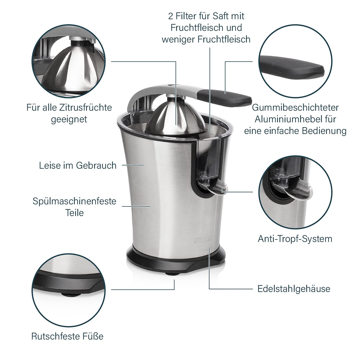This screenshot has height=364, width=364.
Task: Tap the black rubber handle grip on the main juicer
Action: click(225, 98)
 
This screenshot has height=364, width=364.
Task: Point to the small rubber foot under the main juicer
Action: click(172, 274)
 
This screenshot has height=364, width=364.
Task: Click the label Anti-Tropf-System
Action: click(295, 239)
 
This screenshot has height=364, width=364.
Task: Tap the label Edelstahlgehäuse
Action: click(294, 289)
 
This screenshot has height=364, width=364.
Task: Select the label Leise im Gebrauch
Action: click(78, 165)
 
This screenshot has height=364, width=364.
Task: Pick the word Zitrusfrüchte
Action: click(86, 107)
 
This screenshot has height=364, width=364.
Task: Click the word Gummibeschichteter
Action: click(295, 108)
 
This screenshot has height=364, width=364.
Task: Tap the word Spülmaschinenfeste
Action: click(74, 201)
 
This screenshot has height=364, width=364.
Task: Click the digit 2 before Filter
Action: click(171, 16)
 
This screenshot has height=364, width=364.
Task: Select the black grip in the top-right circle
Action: click(292, 67)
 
